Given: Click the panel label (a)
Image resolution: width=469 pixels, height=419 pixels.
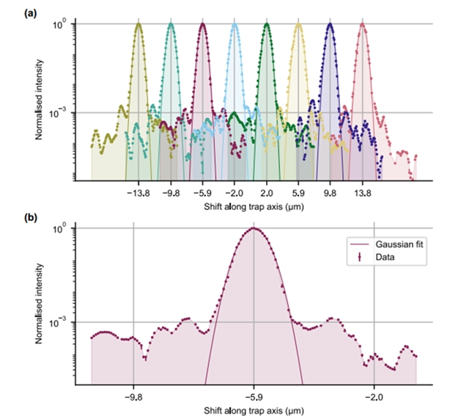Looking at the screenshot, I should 11,12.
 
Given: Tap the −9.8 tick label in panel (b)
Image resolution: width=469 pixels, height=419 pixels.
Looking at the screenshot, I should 133,393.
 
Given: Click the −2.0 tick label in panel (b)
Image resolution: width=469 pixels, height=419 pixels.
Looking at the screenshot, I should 373,393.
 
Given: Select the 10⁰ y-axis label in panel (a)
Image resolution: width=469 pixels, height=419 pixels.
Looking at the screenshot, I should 60,24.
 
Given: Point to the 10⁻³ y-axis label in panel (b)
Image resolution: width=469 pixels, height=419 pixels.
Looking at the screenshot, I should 59,322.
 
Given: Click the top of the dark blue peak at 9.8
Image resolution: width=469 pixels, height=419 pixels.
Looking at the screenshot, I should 330,23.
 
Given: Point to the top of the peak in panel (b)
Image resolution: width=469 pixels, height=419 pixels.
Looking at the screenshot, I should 254,227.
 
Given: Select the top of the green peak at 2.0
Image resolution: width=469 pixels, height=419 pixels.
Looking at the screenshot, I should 267,23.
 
